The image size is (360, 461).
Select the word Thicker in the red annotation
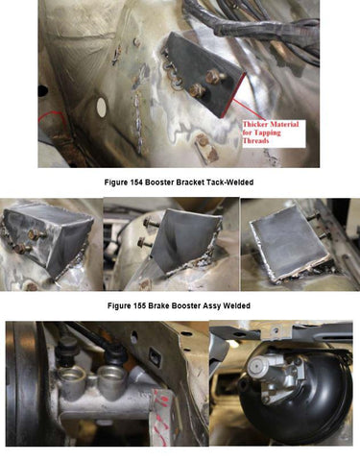coord(255,124)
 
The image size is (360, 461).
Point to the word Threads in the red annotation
coord(256,140)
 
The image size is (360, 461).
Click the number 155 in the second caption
coord(140,305)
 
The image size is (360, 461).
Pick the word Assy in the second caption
coord(212,305)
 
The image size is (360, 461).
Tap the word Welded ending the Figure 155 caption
coord(236,305)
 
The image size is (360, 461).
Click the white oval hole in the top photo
coord(102,107)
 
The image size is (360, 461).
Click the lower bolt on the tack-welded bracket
coord(197,90)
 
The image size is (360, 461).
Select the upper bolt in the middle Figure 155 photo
coord(151,222)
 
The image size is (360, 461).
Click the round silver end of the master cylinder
coord(258,364)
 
